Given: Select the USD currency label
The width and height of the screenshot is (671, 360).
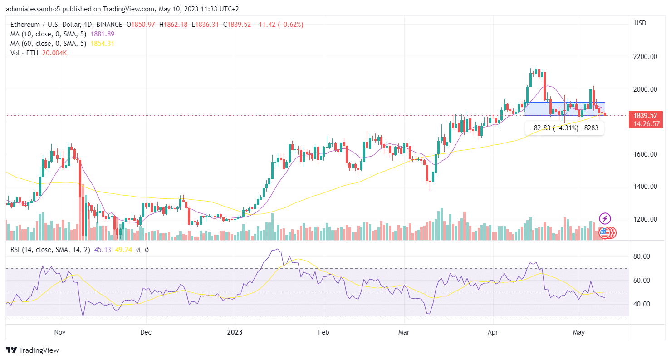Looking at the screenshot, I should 640,23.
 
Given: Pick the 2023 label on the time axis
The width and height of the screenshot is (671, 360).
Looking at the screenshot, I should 235,332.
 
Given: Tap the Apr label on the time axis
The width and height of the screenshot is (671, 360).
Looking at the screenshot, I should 493,332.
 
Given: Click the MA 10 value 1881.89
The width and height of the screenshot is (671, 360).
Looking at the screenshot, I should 103,34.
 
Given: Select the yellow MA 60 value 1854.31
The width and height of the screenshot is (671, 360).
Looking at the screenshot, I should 103,44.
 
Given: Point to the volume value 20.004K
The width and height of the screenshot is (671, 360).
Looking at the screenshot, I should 54,53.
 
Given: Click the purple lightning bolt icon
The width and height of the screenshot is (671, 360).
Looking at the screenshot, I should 605,218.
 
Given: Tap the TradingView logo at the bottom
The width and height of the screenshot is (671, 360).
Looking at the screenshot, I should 32,350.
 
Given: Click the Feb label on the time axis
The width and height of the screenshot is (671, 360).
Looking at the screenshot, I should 323,332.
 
